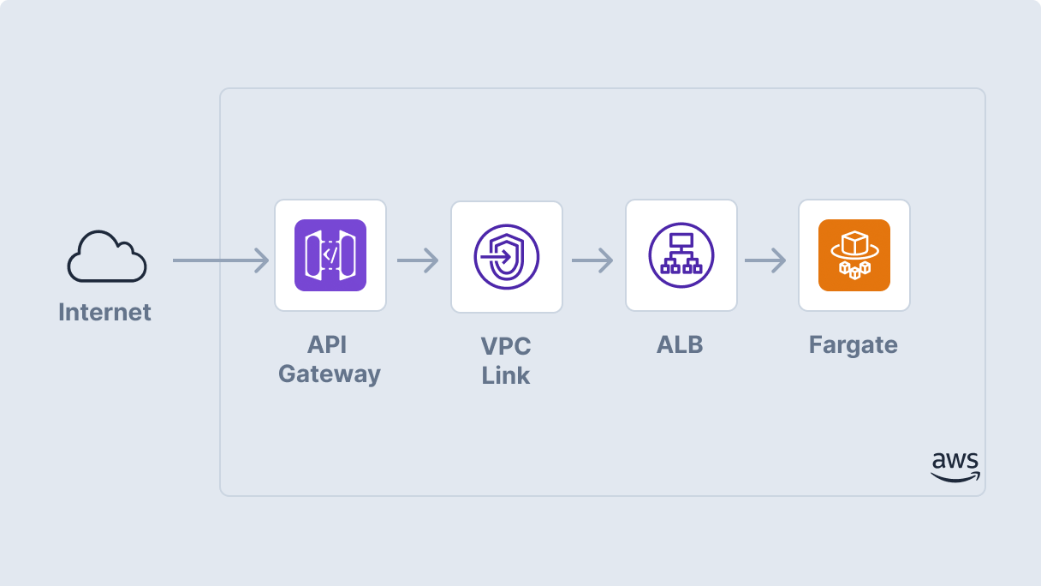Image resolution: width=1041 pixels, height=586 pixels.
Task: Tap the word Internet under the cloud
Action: (x=104, y=312)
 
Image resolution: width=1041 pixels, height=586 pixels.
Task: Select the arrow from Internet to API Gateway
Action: (x=220, y=260)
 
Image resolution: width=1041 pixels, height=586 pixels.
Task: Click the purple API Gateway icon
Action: (x=330, y=255)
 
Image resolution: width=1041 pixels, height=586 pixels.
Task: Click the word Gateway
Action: (x=330, y=374)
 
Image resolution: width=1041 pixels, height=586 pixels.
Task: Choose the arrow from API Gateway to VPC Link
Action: (x=418, y=260)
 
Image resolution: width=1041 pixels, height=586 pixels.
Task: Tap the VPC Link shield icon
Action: (x=507, y=256)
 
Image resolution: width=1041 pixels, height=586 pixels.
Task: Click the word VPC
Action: (x=506, y=347)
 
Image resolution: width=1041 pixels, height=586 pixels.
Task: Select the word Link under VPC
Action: (x=506, y=375)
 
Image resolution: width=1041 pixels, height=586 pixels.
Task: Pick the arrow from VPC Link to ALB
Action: (x=592, y=260)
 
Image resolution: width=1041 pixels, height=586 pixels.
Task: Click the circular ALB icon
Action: (x=681, y=255)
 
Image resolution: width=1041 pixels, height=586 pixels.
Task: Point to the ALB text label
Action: (x=680, y=345)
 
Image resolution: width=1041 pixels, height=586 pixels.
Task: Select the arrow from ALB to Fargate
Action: (x=765, y=260)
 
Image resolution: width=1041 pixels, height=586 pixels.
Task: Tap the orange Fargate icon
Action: (x=854, y=255)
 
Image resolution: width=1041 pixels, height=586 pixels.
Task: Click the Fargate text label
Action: (x=854, y=345)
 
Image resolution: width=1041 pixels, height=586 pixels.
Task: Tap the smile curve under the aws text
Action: (x=955, y=478)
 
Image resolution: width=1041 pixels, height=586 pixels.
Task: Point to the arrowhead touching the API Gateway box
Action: (x=263, y=260)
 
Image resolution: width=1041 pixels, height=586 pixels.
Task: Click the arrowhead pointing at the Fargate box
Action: (x=779, y=260)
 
